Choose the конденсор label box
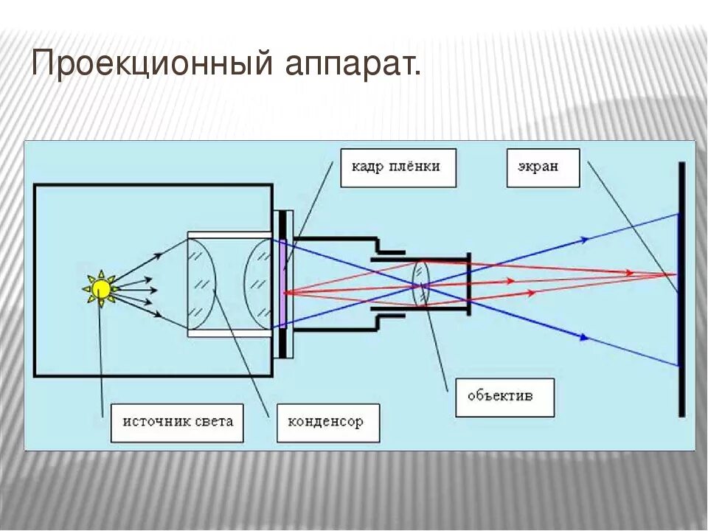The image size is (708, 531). [328, 423]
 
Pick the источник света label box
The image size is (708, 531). [177, 422]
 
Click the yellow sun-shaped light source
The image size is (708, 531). [101, 288]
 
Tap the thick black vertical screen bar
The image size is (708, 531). [682, 289]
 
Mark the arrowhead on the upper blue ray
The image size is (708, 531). [586, 239]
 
